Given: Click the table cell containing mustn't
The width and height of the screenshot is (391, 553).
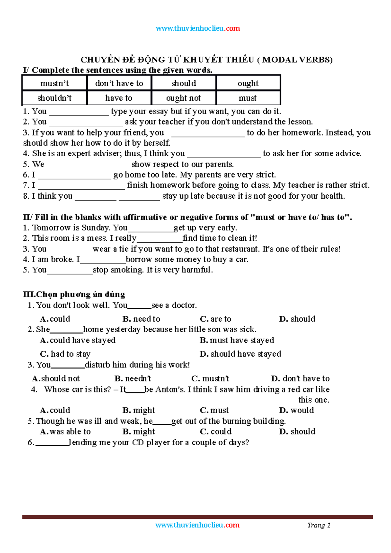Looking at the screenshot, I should coord(54,83).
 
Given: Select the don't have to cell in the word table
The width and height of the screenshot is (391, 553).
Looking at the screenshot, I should coord(119,83).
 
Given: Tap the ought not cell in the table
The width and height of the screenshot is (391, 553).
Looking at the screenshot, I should coord(183,98).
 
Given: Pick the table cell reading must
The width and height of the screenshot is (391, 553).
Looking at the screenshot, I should coord(248,98).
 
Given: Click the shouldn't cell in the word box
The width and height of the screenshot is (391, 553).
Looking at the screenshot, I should coord(54,98).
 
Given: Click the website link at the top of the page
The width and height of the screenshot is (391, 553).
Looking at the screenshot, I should coord(198,28).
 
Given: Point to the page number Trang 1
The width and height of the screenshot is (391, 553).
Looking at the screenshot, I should coord(319,525).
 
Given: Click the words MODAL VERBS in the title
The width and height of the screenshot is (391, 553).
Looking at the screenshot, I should coord(297,60).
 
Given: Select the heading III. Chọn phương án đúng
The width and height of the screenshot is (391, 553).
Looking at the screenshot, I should coord(74,294).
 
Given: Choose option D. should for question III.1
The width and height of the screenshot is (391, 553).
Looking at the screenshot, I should coord(297,319).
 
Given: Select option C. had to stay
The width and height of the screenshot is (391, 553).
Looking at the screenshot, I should coord(65,354).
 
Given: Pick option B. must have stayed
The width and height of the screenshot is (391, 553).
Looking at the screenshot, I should coord(237,340).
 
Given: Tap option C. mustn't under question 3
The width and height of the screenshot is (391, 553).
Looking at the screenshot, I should coord(210,378).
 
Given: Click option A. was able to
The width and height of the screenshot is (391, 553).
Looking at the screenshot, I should coord(65,432).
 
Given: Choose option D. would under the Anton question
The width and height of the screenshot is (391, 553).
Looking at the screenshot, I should coord(297,410).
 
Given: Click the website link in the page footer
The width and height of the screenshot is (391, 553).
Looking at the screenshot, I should coord(197,525).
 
